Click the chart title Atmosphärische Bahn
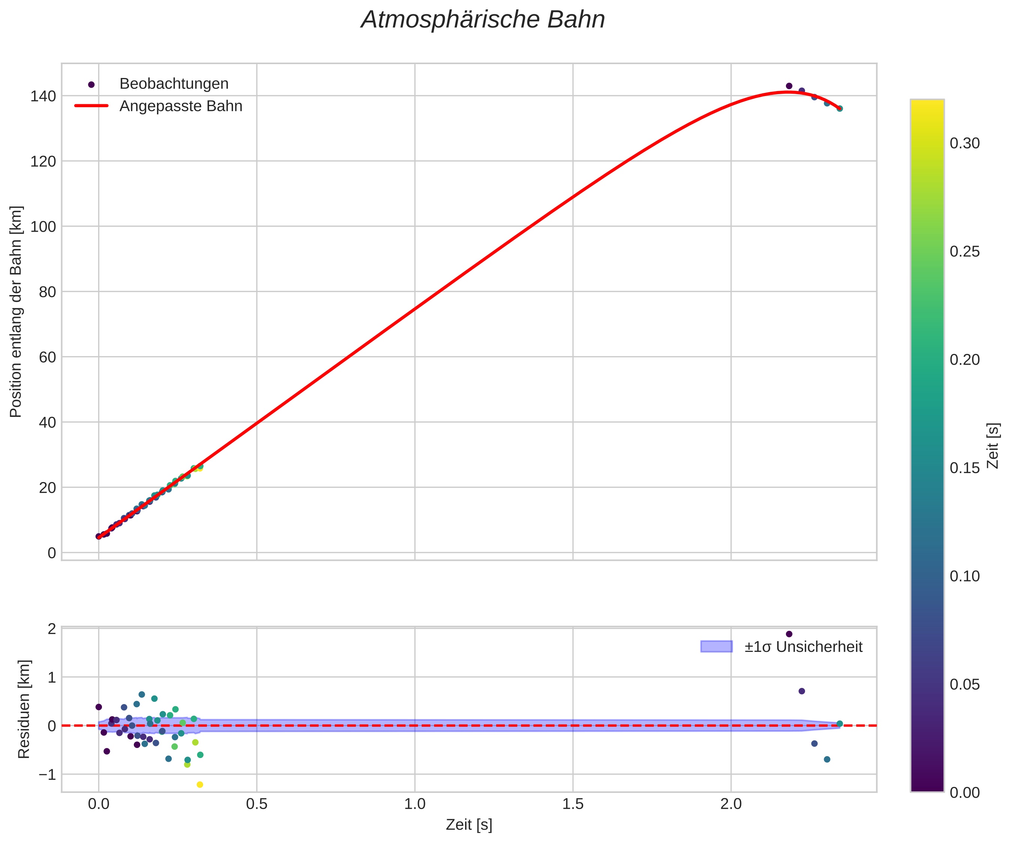coord(483,20)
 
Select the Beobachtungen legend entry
coord(174,84)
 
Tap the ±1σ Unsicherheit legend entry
coord(803,647)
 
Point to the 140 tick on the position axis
coord(43,96)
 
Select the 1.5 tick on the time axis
coord(572,804)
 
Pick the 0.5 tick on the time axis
coord(256,804)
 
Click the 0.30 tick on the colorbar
coord(965,143)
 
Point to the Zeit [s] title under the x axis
coord(469,825)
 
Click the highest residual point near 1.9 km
coord(789,634)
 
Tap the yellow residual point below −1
coord(200,785)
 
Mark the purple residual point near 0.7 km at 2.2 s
coord(802,691)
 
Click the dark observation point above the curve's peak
coord(789,86)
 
